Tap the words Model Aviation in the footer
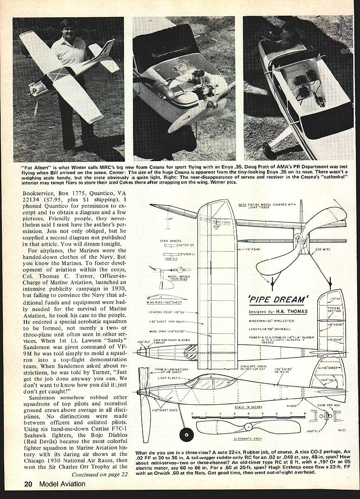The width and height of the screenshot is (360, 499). point(62,483)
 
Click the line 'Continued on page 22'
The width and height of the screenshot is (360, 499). point(99,474)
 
